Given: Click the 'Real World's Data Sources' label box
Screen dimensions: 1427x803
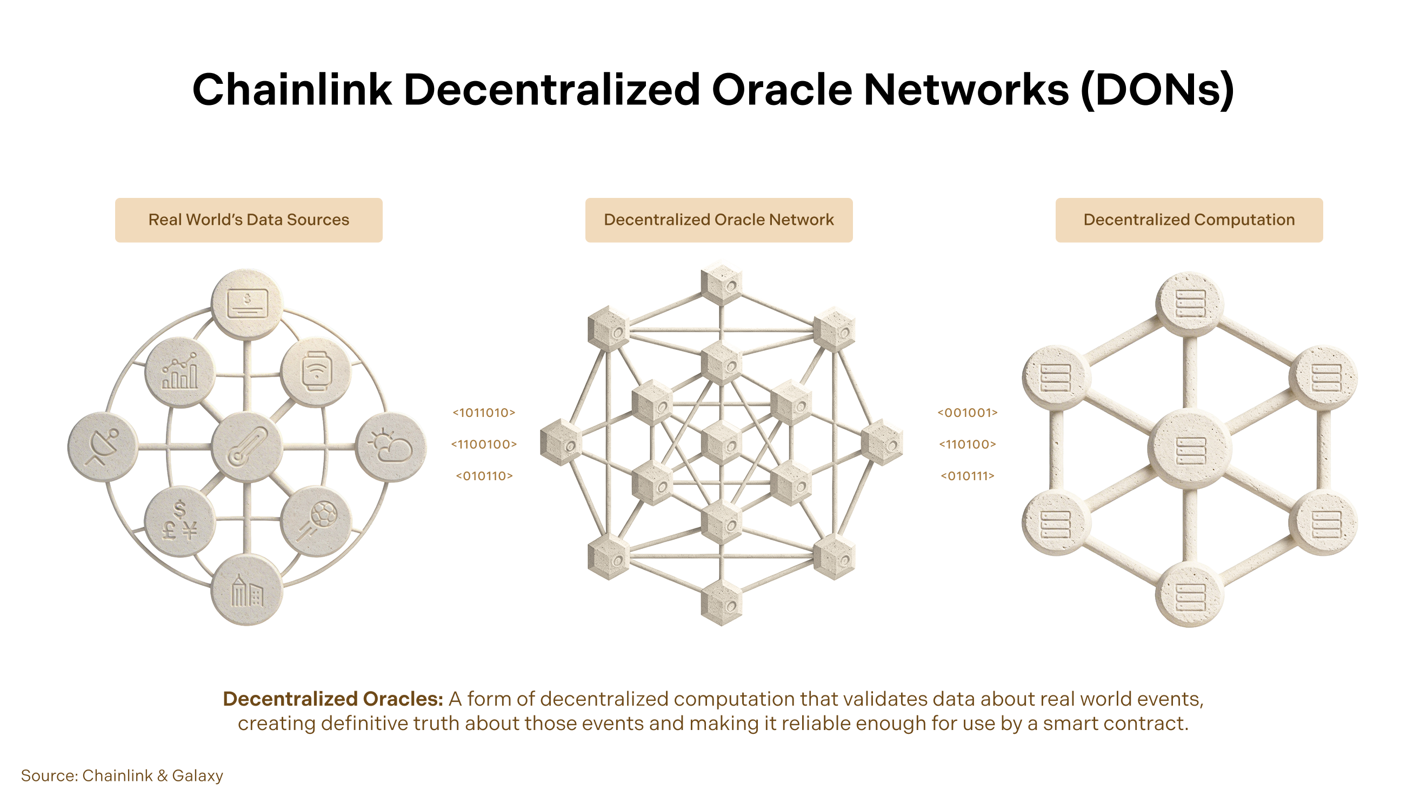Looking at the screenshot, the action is tap(249, 220).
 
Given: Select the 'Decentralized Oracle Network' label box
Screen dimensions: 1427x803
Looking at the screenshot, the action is tap(718, 220).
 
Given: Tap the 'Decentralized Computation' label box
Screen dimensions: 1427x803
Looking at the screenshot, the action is tap(1189, 220).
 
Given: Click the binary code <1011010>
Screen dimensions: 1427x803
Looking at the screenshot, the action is tap(484, 413).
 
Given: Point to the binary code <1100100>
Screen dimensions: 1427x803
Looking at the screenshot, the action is tap(484, 444).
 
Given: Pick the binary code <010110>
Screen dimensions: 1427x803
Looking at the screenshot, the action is tap(484, 476).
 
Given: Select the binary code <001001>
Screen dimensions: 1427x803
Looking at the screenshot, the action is tap(967, 413).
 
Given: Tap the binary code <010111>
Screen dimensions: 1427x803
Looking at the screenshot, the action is tap(967, 476).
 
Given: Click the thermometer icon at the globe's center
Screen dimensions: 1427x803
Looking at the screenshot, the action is tap(247, 447).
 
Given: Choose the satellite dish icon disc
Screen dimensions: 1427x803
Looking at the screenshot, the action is tap(103, 447).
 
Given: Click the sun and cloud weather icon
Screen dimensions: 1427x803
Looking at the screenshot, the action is tap(391, 447).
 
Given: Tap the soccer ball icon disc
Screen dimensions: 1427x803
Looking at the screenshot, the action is tap(316, 521).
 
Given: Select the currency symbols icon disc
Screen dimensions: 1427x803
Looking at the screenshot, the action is tap(179, 521).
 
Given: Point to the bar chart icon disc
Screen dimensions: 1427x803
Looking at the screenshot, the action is tap(179, 373).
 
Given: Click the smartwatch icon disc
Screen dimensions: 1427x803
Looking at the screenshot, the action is tap(316, 373).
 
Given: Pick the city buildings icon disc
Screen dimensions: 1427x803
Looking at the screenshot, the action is tap(247, 589).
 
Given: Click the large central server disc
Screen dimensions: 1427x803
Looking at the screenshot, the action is tap(1190, 449).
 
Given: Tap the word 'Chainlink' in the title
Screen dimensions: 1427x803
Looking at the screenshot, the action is tap(292, 90).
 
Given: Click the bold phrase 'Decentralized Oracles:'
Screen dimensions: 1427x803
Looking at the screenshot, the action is tap(333, 699).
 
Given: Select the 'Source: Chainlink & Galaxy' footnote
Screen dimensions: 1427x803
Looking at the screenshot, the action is tap(122, 776).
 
